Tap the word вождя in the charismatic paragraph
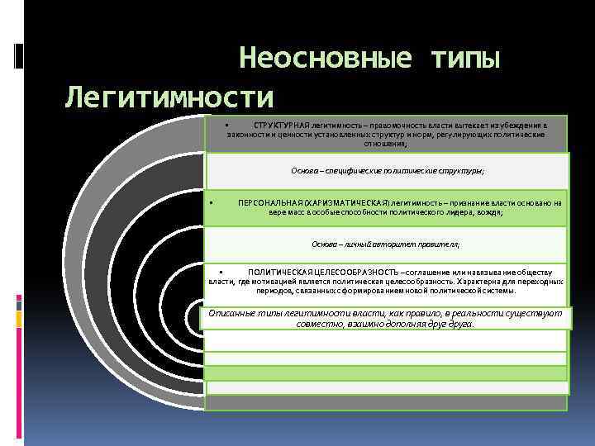(x=488, y=212)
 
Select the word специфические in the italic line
(x=350, y=171)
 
